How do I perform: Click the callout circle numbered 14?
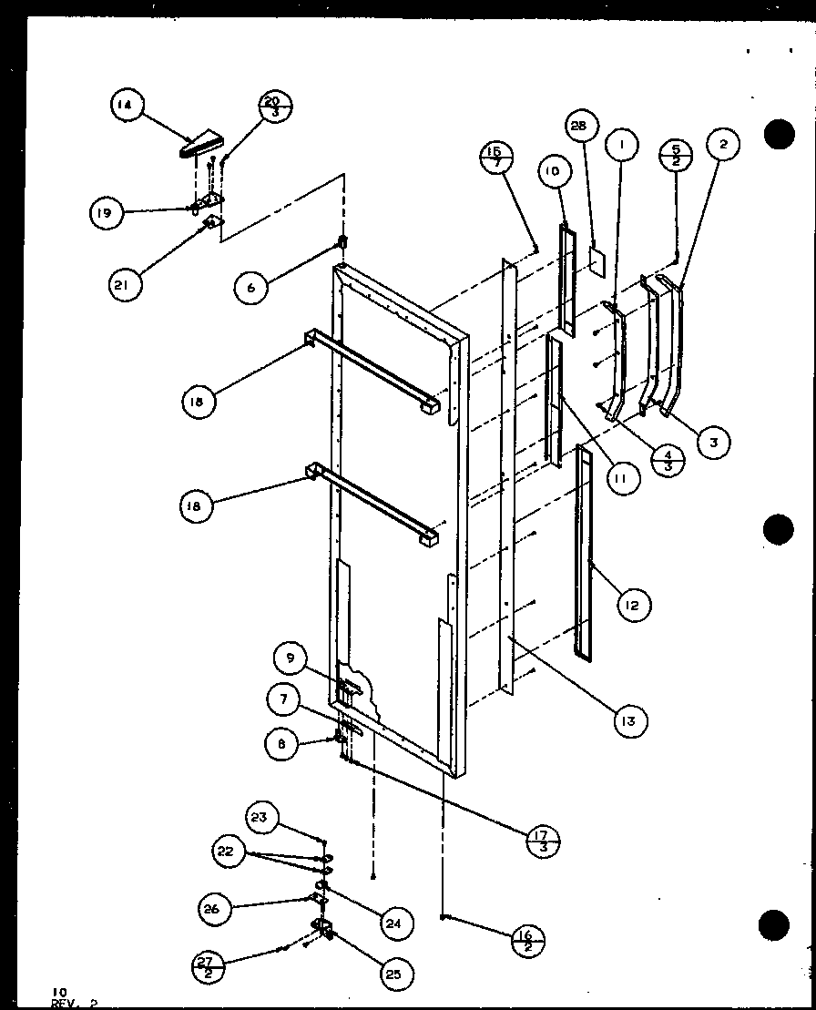click(x=125, y=106)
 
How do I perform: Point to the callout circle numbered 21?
click(x=125, y=285)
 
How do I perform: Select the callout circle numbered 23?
click(x=260, y=817)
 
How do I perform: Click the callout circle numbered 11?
click(x=622, y=478)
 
